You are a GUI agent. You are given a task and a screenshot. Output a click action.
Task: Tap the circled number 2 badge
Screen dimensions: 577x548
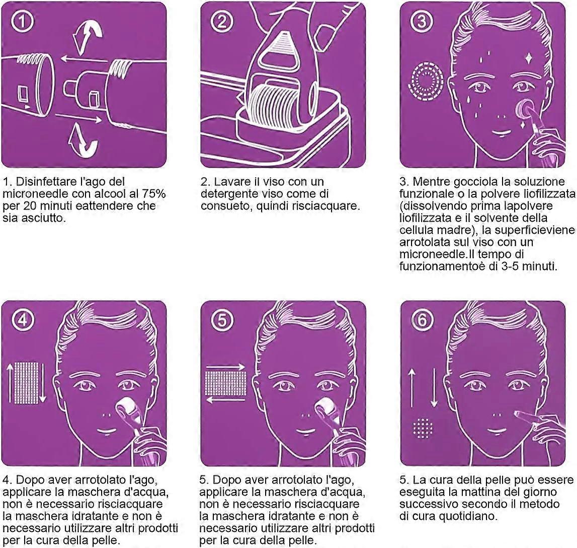click(x=222, y=22)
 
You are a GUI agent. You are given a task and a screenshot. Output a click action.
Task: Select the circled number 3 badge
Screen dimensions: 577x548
click(x=421, y=22)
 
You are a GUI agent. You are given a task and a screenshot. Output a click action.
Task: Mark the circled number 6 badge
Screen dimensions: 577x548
click(x=422, y=320)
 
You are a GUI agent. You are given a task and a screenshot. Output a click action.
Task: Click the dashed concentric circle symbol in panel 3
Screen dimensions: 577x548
click(x=427, y=81)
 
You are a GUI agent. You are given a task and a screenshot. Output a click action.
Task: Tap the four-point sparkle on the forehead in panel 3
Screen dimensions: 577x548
click(x=528, y=57)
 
